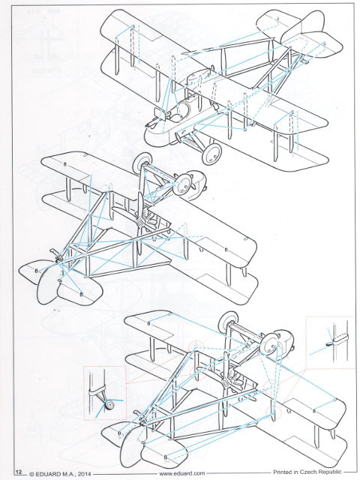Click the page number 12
point(19,472)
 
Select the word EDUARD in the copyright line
point(46,474)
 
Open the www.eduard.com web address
point(181,473)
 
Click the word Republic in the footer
point(330,472)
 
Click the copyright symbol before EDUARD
point(31,474)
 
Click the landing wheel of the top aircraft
point(211,153)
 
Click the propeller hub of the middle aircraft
point(140,223)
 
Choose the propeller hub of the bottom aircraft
point(226,382)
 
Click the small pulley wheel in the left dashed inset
point(109,405)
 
